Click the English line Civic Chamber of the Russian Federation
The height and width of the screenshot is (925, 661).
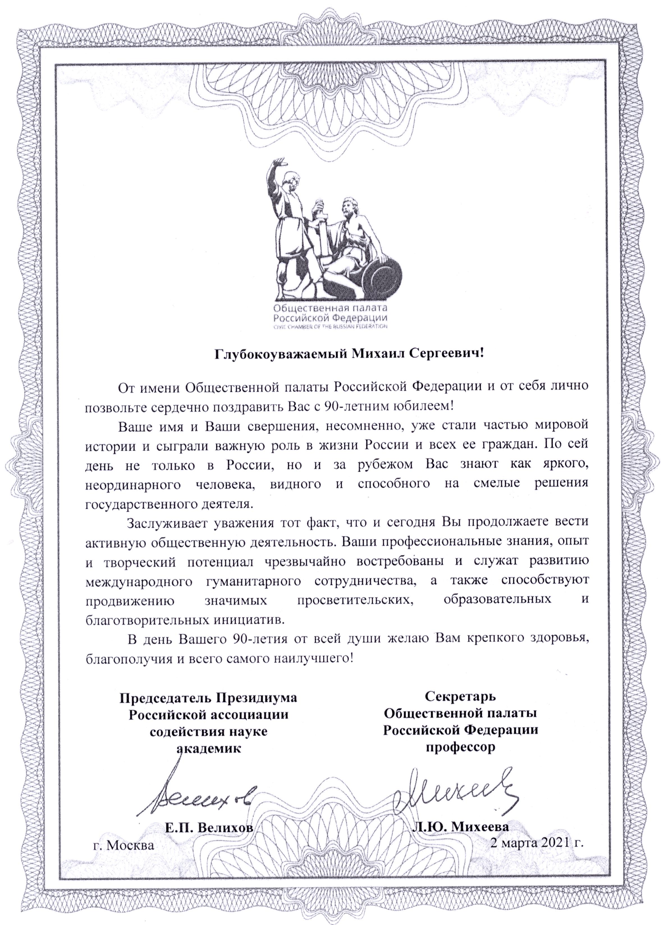(330, 327)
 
